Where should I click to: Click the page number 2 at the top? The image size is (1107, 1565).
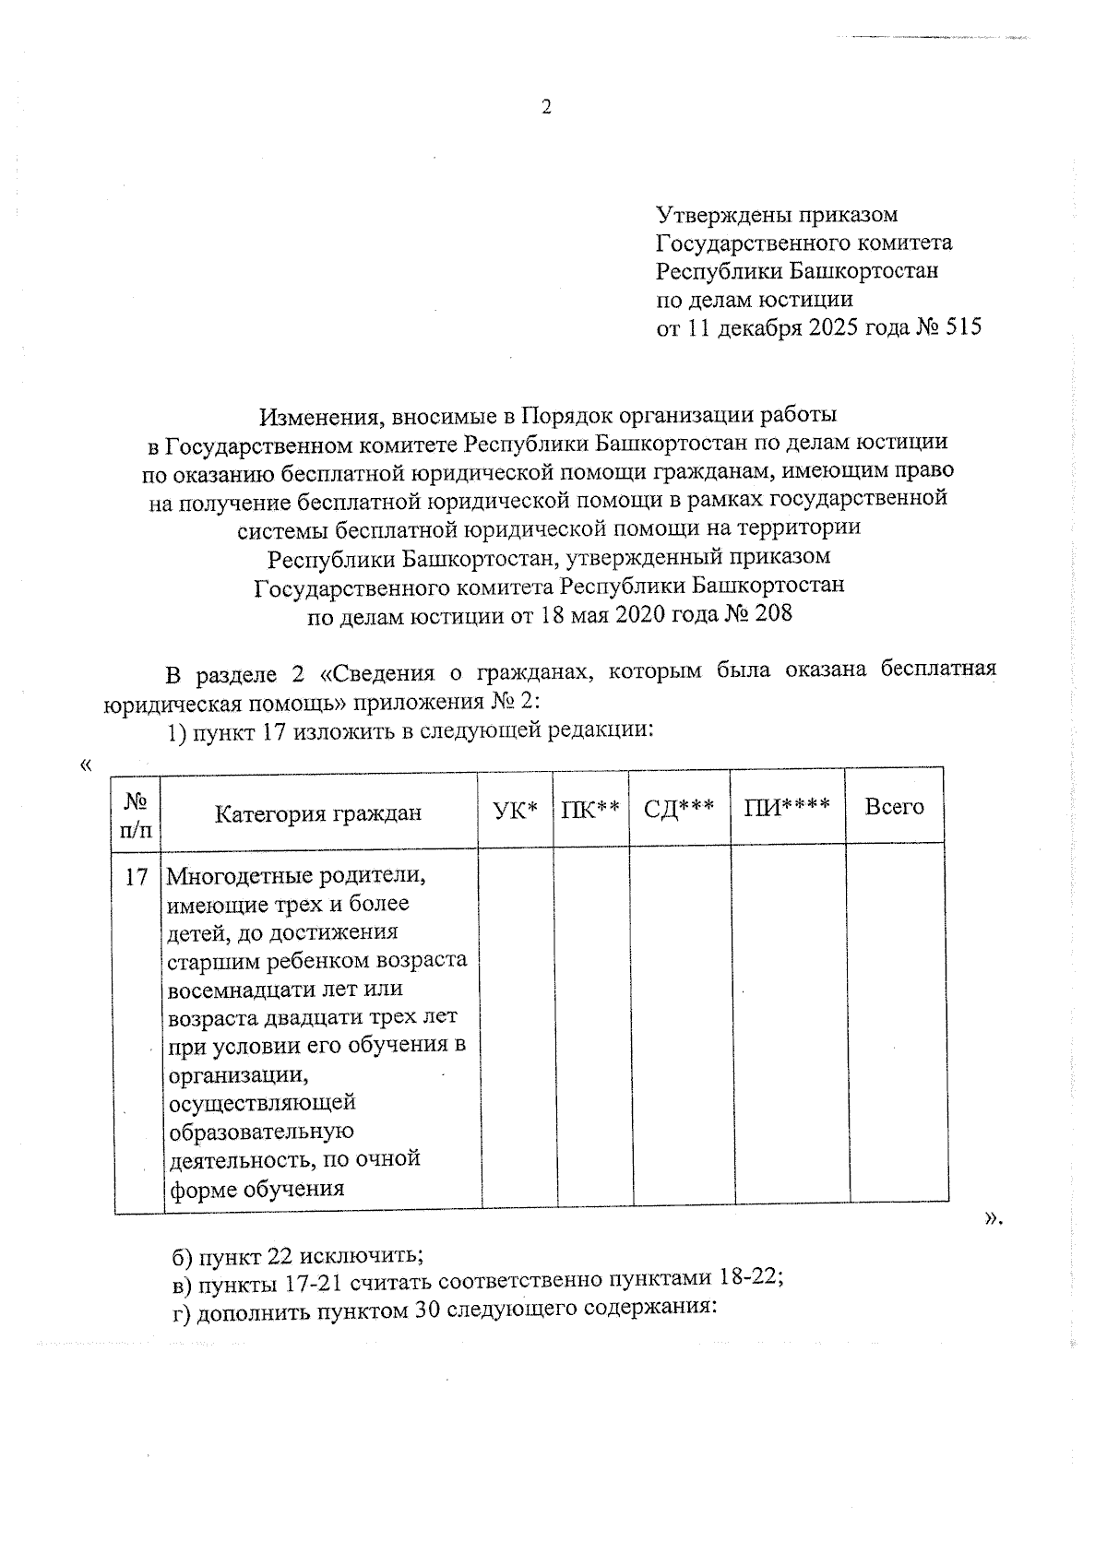(x=545, y=108)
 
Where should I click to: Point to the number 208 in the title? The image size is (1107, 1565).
(x=773, y=613)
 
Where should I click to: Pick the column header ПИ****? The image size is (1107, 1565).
(x=787, y=807)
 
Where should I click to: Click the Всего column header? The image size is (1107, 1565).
(x=894, y=807)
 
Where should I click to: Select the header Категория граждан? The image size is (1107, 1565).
(x=318, y=812)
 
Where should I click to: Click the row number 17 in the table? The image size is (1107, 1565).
(x=137, y=876)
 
